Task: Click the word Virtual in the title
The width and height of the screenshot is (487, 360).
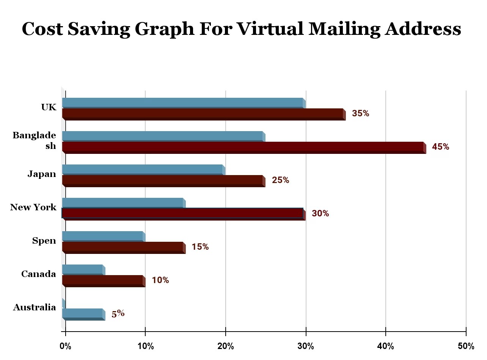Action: coord(269,29)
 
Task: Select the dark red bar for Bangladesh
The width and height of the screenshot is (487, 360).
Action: coord(243,147)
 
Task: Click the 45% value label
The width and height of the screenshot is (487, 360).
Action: coord(440,147)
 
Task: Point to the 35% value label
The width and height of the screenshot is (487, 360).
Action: coord(360,113)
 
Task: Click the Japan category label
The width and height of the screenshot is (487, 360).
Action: coord(42,174)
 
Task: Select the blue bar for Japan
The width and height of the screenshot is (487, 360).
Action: coord(143,169)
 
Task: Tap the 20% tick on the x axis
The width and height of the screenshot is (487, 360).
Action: coord(226,346)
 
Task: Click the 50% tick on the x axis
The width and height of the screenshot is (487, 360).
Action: coord(466,346)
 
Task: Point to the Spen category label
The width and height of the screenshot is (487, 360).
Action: coord(44,241)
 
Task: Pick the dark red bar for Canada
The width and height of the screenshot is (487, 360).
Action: coord(103,280)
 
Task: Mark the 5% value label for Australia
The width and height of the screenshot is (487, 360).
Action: coord(118,314)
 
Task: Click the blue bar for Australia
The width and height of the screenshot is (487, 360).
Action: coord(83,313)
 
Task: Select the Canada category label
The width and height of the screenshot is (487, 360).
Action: coord(39,274)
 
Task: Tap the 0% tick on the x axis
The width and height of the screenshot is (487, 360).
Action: coord(66,346)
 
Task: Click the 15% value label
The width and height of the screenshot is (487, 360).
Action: coord(200,247)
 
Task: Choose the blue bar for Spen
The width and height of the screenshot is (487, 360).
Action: coord(103,236)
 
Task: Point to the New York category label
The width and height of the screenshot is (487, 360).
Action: coord(33,207)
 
